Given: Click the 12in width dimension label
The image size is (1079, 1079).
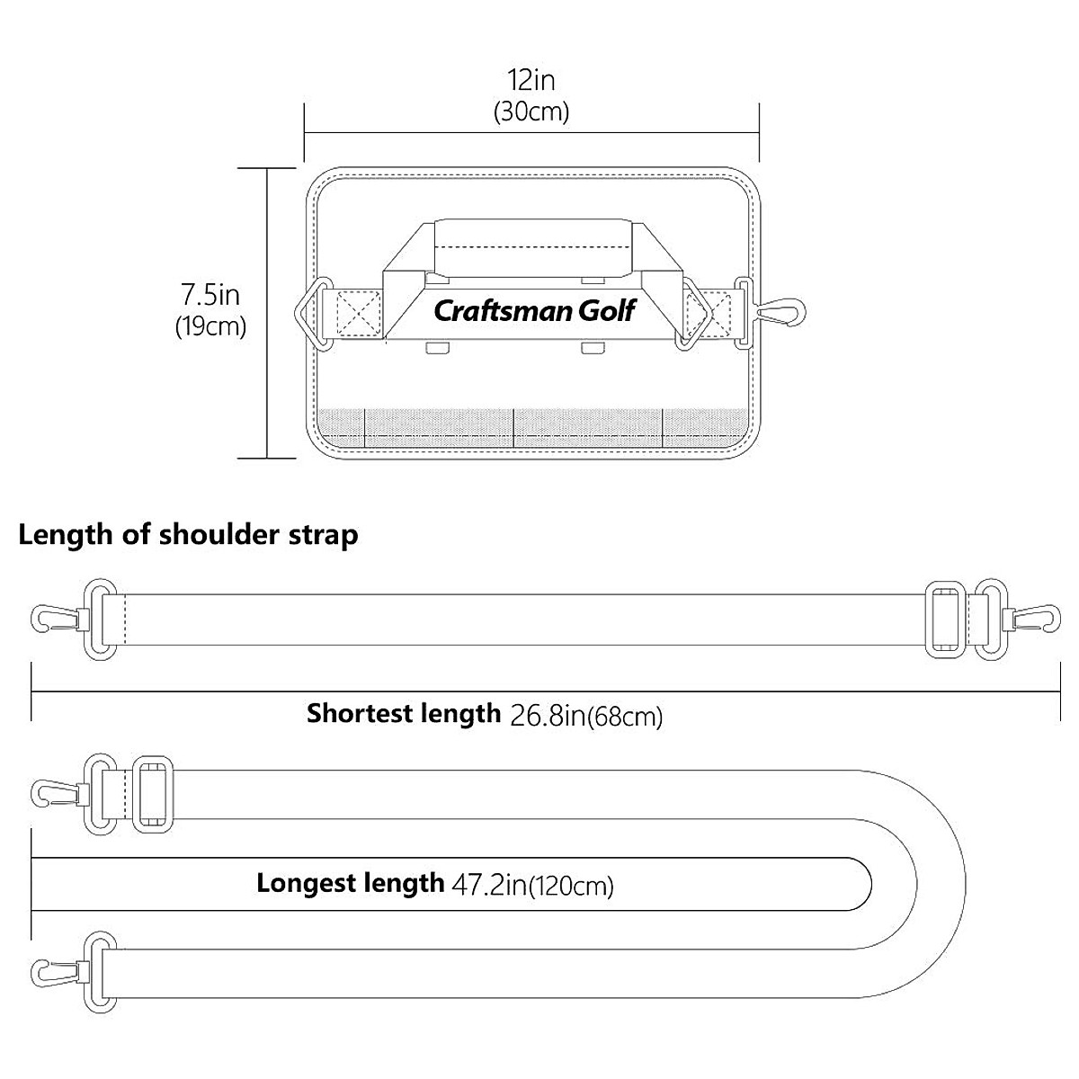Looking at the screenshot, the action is pyautogui.click(x=531, y=81).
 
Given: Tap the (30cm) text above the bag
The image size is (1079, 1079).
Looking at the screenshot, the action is pyautogui.click(x=531, y=113).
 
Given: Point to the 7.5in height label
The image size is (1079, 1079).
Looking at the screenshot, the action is pyautogui.click(x=210, y=295).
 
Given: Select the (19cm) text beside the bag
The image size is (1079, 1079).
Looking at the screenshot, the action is pyautogui.click(x=210, y=326).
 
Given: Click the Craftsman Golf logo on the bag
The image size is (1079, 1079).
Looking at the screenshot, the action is pyautogui.click(x=534, y=311).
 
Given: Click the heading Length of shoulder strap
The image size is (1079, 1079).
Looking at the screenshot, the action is pyautogui.click(x=189, y=535).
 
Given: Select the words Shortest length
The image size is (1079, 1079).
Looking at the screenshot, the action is pyautogui.click(x=403, y=714).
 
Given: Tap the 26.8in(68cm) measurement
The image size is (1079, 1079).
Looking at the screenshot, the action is pyautogui.click(x=586, y=716).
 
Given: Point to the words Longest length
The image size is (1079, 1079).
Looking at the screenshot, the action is pyautogui.click(x=350, y=883).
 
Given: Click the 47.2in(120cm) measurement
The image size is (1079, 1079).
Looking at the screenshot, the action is pyautogui.click(x=532, y=886).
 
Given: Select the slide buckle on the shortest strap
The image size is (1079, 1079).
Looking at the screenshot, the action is pyautogui.click(x=945, y=619).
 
